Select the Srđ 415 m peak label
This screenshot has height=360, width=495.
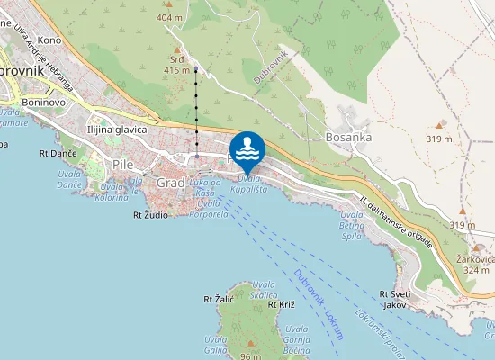pos(177,64)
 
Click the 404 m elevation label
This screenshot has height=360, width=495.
pos(168,17)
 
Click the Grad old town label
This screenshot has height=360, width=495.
pos(170,183)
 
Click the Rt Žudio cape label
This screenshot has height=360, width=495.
pos(150,215)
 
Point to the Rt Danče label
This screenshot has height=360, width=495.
pos(58,153)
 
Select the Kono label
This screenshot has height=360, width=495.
pos(49,40)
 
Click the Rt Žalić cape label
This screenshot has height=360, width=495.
pos(219,299)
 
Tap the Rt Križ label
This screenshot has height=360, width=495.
pos(281,305)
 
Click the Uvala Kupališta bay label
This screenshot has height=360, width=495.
pos(248,184)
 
